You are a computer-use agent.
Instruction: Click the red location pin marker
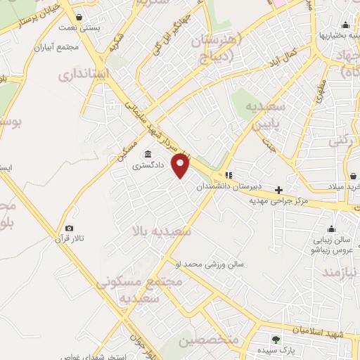tap(181, 165)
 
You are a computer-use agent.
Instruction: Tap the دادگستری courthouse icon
tap(148, 155)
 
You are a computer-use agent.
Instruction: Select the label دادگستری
tap(147, 167)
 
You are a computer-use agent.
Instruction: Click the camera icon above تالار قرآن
tap(69, 228)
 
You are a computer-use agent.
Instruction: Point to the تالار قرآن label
tap(70, 239)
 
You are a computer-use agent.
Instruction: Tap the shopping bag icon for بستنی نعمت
tap(78, 17)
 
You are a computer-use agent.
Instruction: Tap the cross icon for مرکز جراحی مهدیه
tap(279, 190)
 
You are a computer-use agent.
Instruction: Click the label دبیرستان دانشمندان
tap(257, 186)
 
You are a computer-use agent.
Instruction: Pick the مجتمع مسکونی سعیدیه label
tap(150, 289)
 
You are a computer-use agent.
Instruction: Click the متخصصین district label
tap(208, 341)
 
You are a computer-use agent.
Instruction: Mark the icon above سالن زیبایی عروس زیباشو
tap(331, 228)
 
